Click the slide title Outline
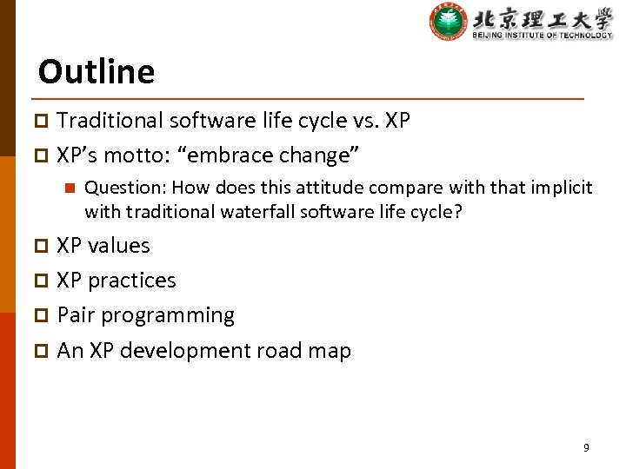97,71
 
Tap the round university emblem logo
448,22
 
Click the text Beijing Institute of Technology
542,35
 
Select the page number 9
585,448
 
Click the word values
119,246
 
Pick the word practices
132,281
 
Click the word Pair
75,315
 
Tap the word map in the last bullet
332,352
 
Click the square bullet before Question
70,188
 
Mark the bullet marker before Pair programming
44,316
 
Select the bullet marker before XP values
44,247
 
